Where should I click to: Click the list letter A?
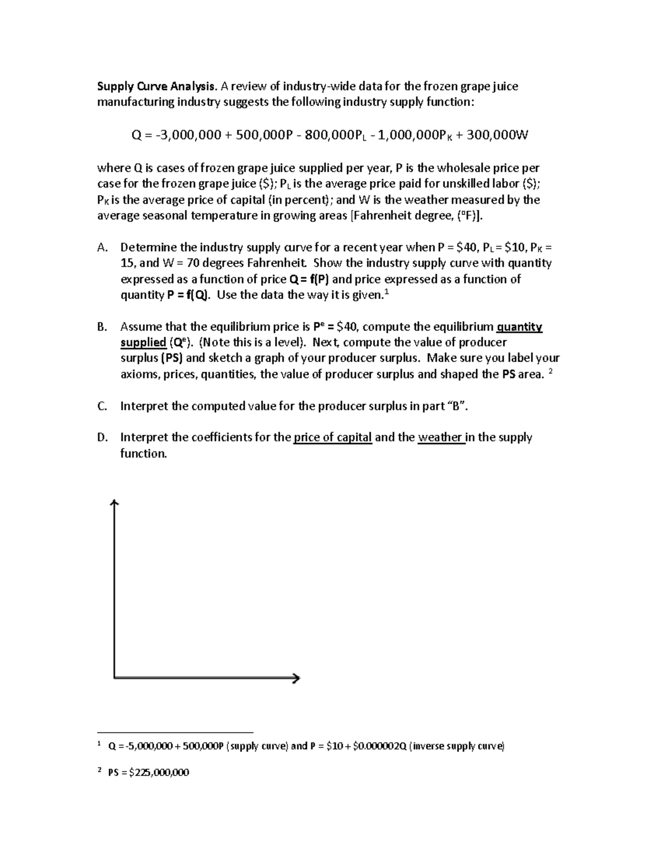(102, 247)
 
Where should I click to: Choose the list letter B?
(102, 327)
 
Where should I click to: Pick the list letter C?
(102, 406)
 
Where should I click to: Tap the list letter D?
(102, 438)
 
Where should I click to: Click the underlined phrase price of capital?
(333, 438)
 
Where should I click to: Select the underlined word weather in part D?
(440, 438)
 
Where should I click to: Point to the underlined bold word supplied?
(143, 343)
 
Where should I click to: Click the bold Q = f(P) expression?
(309, 279)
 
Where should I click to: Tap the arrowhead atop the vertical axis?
(114, 502)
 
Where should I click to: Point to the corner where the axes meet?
(114, 677)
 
